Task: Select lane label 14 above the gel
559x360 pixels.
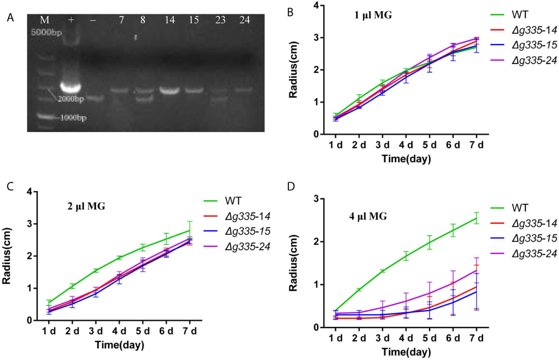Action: [x=167, y=20]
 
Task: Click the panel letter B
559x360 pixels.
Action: [x=290, y=12]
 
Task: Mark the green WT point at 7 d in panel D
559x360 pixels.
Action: [x=477, y=218]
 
